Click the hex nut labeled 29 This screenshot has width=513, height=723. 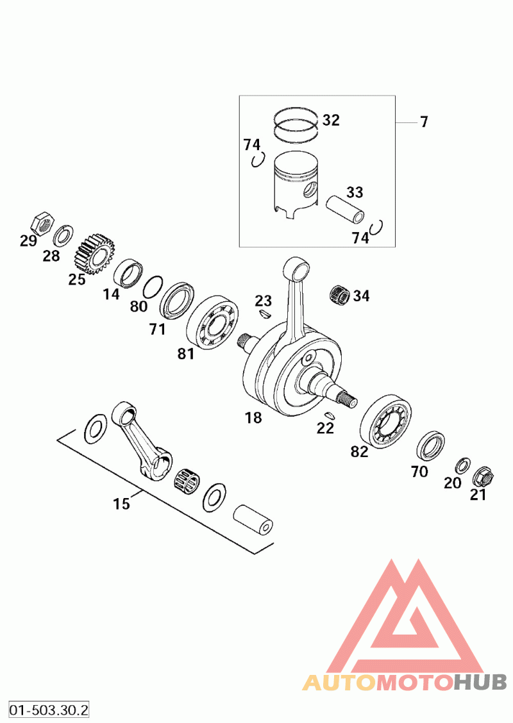(x=42, y=224)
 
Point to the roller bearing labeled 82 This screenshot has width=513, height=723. (x=386, y=421)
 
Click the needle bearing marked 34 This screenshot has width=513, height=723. (x=341, y=294)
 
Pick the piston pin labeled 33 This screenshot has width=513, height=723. (x=344, y=209)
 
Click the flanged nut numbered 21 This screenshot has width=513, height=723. (x=483, y=476)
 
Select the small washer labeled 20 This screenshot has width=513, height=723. (x=462, y=466)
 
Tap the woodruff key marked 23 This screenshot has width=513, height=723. (x=264, y=314)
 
